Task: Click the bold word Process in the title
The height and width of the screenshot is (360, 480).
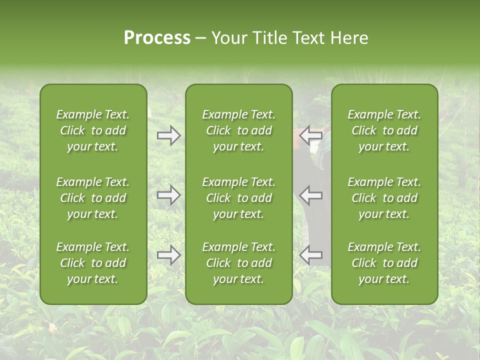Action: tap(157, 38)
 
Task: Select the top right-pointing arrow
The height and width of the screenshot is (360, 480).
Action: tap(168, 135)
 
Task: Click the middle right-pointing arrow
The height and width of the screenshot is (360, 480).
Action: tap(168, 195)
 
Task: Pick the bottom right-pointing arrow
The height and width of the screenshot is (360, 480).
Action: tap(168, 255)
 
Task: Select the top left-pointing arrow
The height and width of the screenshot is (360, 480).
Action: tap(311, 135)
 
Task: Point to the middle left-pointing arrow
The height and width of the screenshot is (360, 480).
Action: tap(311, 195)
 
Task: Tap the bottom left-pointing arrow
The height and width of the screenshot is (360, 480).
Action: tap(311, 255)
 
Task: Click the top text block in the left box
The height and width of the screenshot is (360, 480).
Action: tap(93, 130)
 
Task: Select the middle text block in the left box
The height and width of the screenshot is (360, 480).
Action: tap(93, 198)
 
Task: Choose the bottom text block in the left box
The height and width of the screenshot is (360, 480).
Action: tap(93, 263)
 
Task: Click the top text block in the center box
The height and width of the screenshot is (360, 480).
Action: tap(238, 130)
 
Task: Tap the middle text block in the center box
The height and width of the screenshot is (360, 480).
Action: tap(238, 198)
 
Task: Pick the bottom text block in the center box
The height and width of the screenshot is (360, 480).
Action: tap(238, 263)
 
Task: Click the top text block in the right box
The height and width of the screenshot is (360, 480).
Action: tap(384, 130)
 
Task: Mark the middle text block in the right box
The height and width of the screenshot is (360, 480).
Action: tap(384, 198)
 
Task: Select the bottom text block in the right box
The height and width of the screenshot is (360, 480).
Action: tap(384, 263)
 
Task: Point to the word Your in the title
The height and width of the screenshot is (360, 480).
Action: tap(229, 38)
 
